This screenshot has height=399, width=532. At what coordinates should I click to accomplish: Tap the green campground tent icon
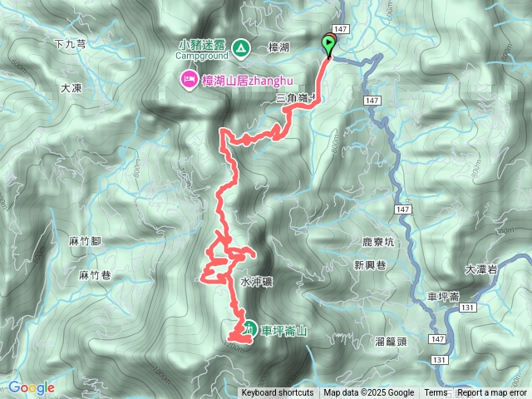tap(240, 48)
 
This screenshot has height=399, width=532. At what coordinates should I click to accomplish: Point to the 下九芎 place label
tap(70, 45)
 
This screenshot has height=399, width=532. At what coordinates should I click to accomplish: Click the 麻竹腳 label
tap(85, 240)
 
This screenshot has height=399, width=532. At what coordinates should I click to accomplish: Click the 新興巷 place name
tap(370, 266)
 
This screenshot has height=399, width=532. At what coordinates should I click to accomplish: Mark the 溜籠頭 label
tap(391, 341)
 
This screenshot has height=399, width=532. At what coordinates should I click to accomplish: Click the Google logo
tap(32, 387)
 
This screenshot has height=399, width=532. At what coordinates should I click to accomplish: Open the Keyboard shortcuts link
tap(278, 393)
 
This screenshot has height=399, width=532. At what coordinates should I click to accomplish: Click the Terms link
tap(436, 393)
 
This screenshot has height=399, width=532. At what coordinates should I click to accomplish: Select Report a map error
tap(492, 393)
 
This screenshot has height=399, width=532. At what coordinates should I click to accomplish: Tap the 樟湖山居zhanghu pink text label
tap(236, 81)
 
